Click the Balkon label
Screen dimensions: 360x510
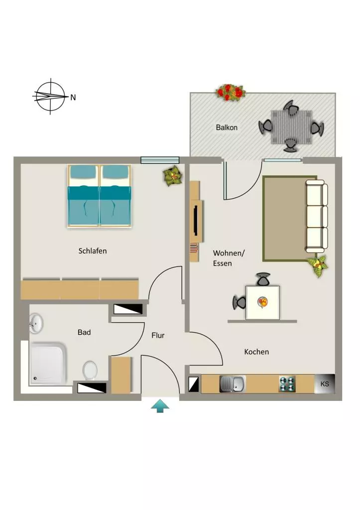coord(227,127)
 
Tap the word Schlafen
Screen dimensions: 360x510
coord(93,251)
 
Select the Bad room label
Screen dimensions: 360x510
coord(84,332)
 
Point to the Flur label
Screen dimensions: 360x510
coord(158,335)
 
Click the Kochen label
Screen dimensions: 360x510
coord(256,352)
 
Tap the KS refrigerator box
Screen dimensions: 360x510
coord(325,384)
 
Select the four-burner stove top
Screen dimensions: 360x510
coord(287,384)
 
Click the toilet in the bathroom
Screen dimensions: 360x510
coord(90,370)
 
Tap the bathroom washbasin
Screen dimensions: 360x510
coord(36,323)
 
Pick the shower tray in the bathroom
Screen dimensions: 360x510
coord(48,363)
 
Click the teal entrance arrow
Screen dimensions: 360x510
coord(160,406)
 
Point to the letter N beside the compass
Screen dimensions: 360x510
coord(73,97)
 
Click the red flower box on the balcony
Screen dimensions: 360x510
coord(230,92)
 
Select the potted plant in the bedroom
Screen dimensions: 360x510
coord(172,176)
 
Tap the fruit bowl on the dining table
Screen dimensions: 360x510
coord(263,302)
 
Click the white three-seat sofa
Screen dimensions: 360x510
coord(316,216)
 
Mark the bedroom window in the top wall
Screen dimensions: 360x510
coord(160,160)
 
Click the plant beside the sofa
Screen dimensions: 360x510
coord(318,265)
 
